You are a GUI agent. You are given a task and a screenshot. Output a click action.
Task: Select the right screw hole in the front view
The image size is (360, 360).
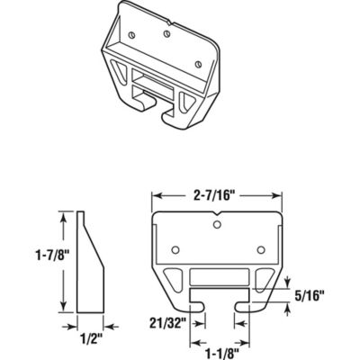pos(259,248)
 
